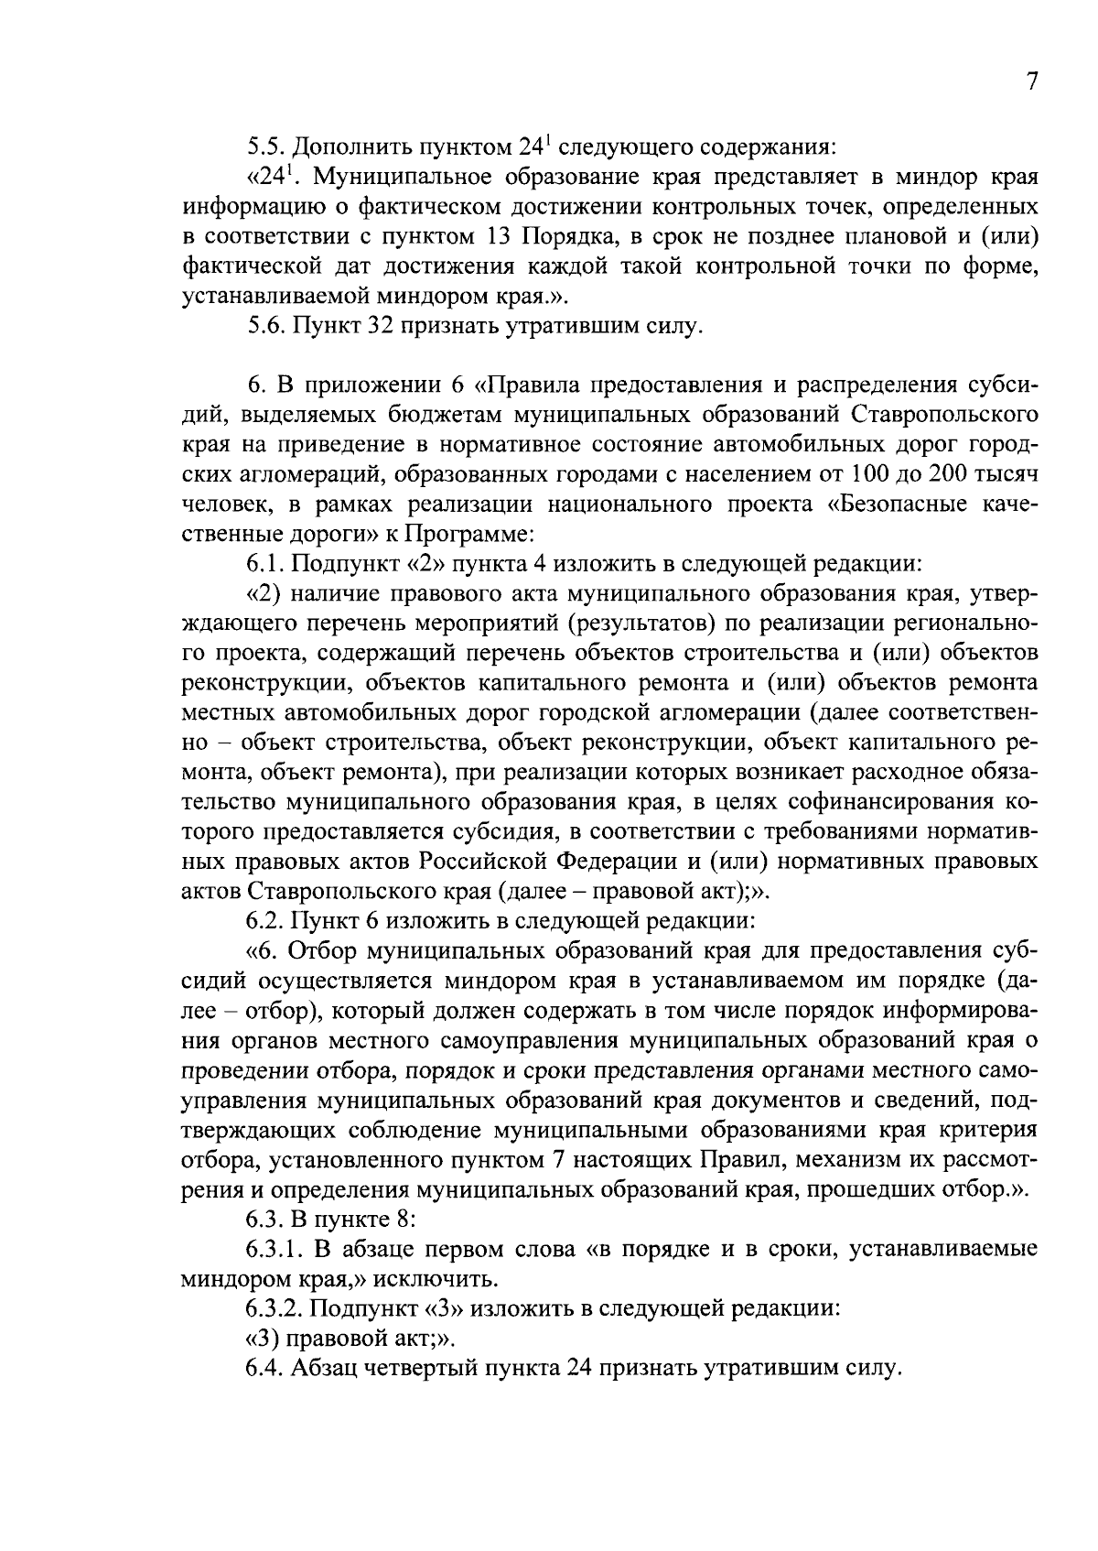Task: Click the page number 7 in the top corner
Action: click(x=1031, y=81)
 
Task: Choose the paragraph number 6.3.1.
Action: click(x=274, y=1250)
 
